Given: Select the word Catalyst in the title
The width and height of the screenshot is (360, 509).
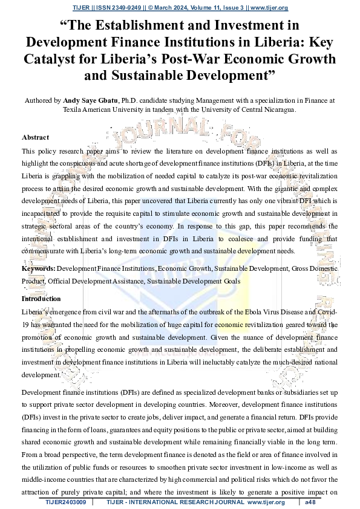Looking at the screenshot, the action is pyautogui.click(x=51, y=59).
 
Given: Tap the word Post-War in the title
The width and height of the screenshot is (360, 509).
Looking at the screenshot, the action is pyautogui.click(x=206, y=59).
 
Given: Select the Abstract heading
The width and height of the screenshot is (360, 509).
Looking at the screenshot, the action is pyautogui.click(x=35, y=138).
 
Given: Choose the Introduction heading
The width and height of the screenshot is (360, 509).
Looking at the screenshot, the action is pyautogui.click(x=41, y=299).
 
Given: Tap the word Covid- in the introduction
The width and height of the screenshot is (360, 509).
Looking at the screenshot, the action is pyautogui.click(x=326, y=312).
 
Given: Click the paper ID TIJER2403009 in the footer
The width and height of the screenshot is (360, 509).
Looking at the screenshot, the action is pyautogui.click(x=66, y=502).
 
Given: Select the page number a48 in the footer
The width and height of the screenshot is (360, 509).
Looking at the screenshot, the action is pyautogui.click(x=310, y=502).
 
